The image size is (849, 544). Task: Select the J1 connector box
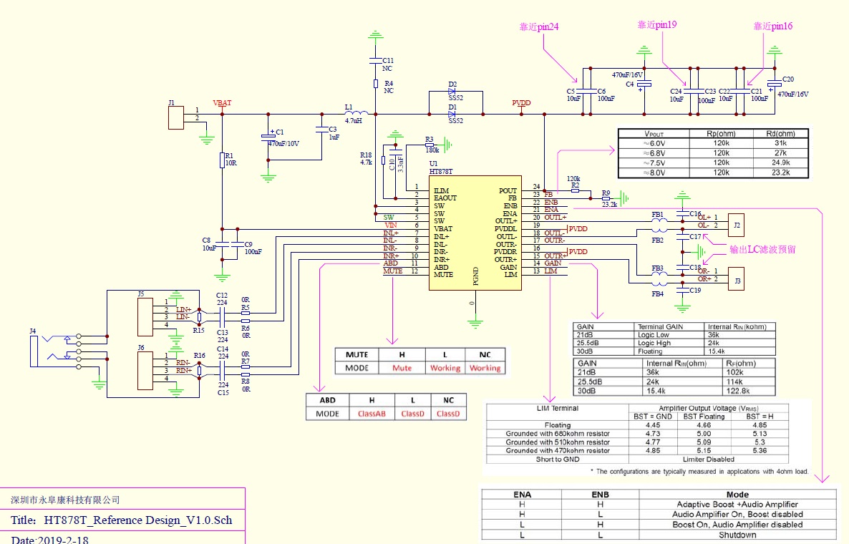176,118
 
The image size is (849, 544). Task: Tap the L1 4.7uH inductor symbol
357,113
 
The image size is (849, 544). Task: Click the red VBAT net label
222,103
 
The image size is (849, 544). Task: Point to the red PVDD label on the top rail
521,103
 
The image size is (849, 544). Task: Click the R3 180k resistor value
432,150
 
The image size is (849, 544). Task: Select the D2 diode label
452,84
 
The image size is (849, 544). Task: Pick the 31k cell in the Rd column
780,143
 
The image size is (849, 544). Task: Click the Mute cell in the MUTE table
402,368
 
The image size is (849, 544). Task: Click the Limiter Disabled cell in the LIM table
719,460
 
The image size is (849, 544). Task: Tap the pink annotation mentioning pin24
539,27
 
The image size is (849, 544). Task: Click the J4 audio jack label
33,331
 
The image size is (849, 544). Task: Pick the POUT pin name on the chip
507,190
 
